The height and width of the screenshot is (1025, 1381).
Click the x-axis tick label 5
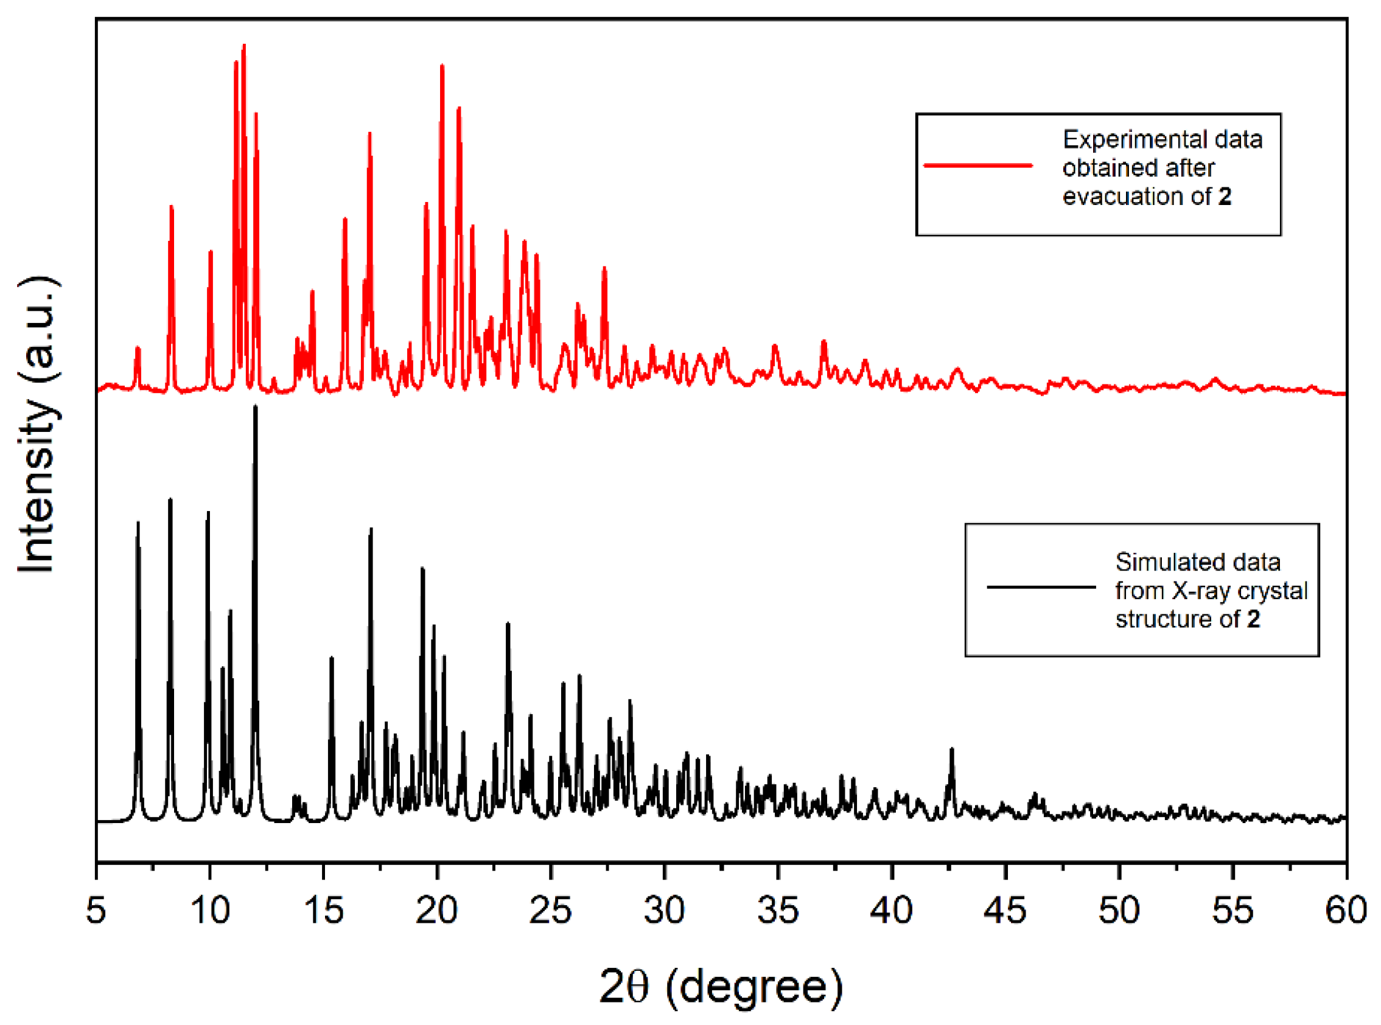click(x=96, y=911)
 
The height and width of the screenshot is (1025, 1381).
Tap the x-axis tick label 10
click(x=210, y=911)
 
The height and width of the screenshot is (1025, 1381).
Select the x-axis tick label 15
click(x=323, y=911)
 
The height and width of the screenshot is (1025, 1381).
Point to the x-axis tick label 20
click(x=437, y=911)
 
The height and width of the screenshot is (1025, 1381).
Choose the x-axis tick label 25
click(x=551, y=911)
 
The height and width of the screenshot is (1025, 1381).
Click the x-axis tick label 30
click(x=664, y=911)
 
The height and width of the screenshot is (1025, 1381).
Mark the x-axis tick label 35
click(x=778, y=911)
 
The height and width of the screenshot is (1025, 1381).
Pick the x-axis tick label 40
click(x=891, y=911)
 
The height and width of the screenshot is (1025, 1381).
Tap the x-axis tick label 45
click(x=1005, y=911)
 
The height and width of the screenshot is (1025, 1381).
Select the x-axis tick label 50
click(x=1119, y=911)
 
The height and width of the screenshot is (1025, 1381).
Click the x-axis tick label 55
click(x=1232, y=911)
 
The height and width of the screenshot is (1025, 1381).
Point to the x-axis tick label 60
click(x=1346, y=911)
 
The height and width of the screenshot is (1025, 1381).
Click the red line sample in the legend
click(x=978, y=165)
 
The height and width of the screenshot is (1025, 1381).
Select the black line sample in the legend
click(x=1041, y=587)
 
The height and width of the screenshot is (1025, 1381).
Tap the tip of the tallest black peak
click(x=255, y=407)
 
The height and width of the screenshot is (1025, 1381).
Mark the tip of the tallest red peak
click(x=244, y=45)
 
